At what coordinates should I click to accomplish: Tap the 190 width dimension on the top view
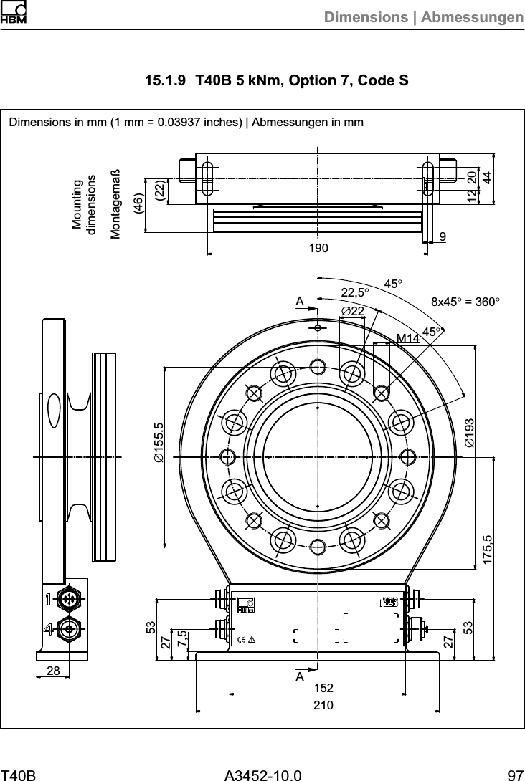coord(318,248)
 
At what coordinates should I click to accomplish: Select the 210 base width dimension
coord(318,705)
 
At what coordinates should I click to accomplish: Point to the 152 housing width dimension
coord(318,688)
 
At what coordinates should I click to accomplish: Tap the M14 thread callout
coord(407,337)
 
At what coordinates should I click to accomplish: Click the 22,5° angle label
coord(355,292)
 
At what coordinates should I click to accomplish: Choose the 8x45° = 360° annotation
coord(464,302)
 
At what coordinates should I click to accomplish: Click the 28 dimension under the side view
coord(53,670)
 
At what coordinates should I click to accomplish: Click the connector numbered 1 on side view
coord(70,599)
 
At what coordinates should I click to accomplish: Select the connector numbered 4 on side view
coord(70,630)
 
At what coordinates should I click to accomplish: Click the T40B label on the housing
coord(387,600)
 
